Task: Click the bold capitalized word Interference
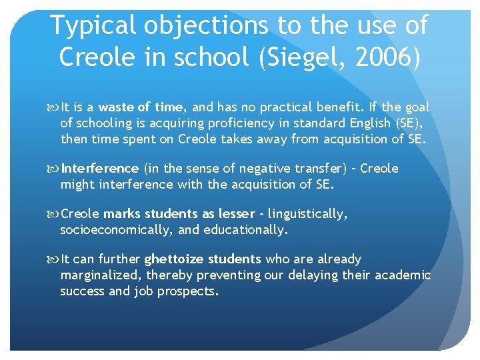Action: [99, 169]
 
